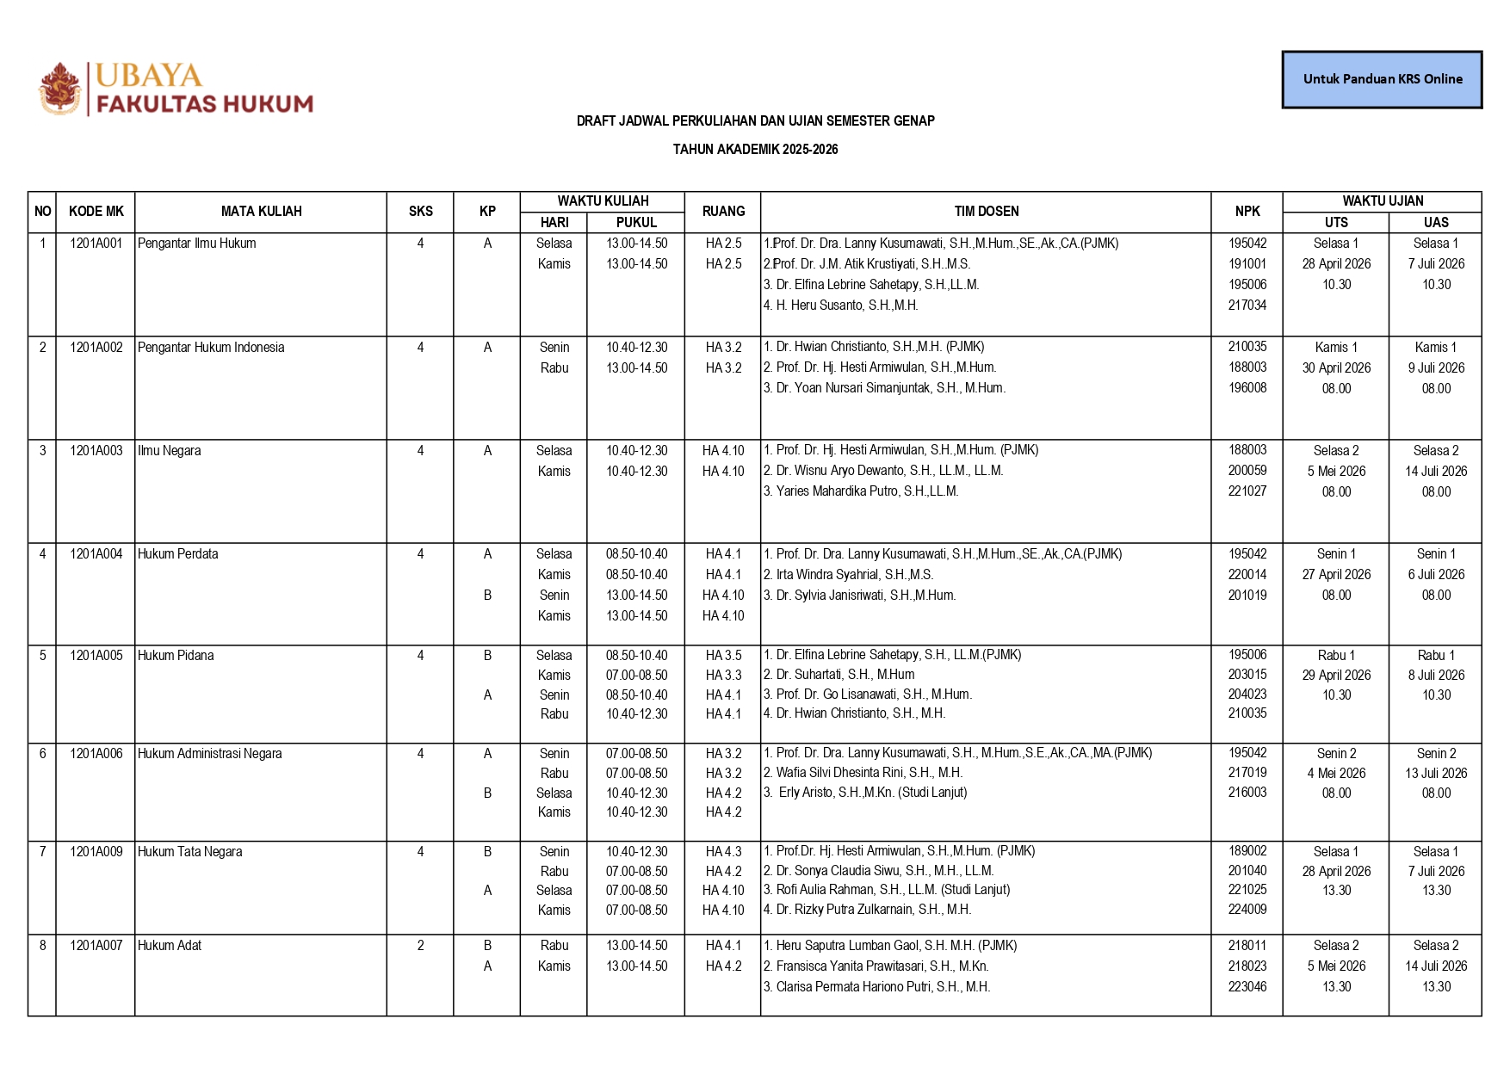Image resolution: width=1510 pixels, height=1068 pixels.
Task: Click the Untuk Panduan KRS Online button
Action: click(1382, 79)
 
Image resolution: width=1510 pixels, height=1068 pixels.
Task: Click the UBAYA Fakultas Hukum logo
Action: click(176, 89)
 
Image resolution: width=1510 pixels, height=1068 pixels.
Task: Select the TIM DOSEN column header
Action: click(986, 212)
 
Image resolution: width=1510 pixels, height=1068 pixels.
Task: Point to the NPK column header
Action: click(1247, 212)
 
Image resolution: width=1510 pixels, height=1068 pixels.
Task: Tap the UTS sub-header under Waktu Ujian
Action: click(1335, 223)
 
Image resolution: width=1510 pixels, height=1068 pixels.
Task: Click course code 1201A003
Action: click(96, 451)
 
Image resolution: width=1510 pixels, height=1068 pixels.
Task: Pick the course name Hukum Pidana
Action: click(176, 656)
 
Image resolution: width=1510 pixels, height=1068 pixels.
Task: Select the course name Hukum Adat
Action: click(170, 946)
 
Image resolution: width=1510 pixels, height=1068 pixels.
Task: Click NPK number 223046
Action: click(1247, 987)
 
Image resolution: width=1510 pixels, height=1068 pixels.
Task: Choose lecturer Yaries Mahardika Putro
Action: click(867, 491)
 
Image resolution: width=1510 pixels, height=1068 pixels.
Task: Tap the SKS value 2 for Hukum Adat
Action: click(420, 946)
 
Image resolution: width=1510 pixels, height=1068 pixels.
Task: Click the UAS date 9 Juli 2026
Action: click(1436, 368)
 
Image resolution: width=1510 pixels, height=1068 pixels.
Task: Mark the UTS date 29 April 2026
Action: click(1336, 676)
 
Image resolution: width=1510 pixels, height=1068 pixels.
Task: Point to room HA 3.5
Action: click(723, 656)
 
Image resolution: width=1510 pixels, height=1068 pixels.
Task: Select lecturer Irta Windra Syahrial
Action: click(854, 575)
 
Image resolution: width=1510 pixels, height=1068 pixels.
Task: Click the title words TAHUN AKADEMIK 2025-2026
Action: click(755, 150)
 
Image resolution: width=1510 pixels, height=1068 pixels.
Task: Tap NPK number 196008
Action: click(1247, 388)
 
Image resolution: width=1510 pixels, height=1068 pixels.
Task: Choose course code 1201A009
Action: click(96, 852)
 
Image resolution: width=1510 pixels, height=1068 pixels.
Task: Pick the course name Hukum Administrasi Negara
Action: click(210, 754)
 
